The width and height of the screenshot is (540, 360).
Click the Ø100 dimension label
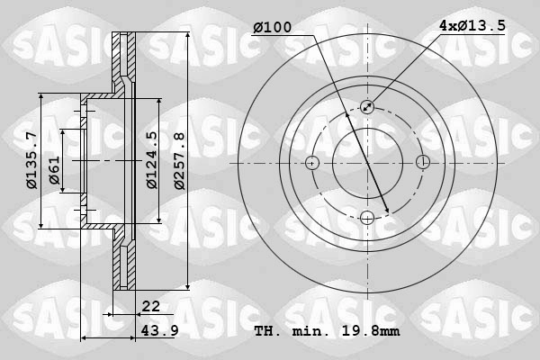pyautogui.click(x=272, y=28)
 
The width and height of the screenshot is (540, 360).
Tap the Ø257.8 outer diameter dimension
pyautogui.click(x=178, y=160)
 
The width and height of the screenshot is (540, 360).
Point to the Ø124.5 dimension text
pyautogui.click(x=151, y=160)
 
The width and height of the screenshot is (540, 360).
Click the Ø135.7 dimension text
pyautogui.click(x=31, y=160)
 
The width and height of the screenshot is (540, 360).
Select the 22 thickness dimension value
pyautogui.click(x=150, y=307)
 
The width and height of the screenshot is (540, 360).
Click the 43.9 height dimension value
pyautogui.click(x=157, y=330)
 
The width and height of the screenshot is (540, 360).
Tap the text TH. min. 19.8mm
pyautogui.click(x=328, y=330)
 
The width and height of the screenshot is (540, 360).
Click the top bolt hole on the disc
pyautogui.click(x=367, y=107)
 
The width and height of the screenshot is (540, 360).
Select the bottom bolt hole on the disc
pyautogui.click(x=367, y=217)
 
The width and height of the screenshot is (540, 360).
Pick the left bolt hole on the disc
pyautogui.click(x=312, y=163)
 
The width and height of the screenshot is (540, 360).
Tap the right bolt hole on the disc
pyautogui.click(x=422, y=163)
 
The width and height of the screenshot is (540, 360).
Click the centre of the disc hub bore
pyautogui.click(x=367, y=163)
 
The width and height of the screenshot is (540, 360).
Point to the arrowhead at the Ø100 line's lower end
pyautogui.click(x=387, y=211)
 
